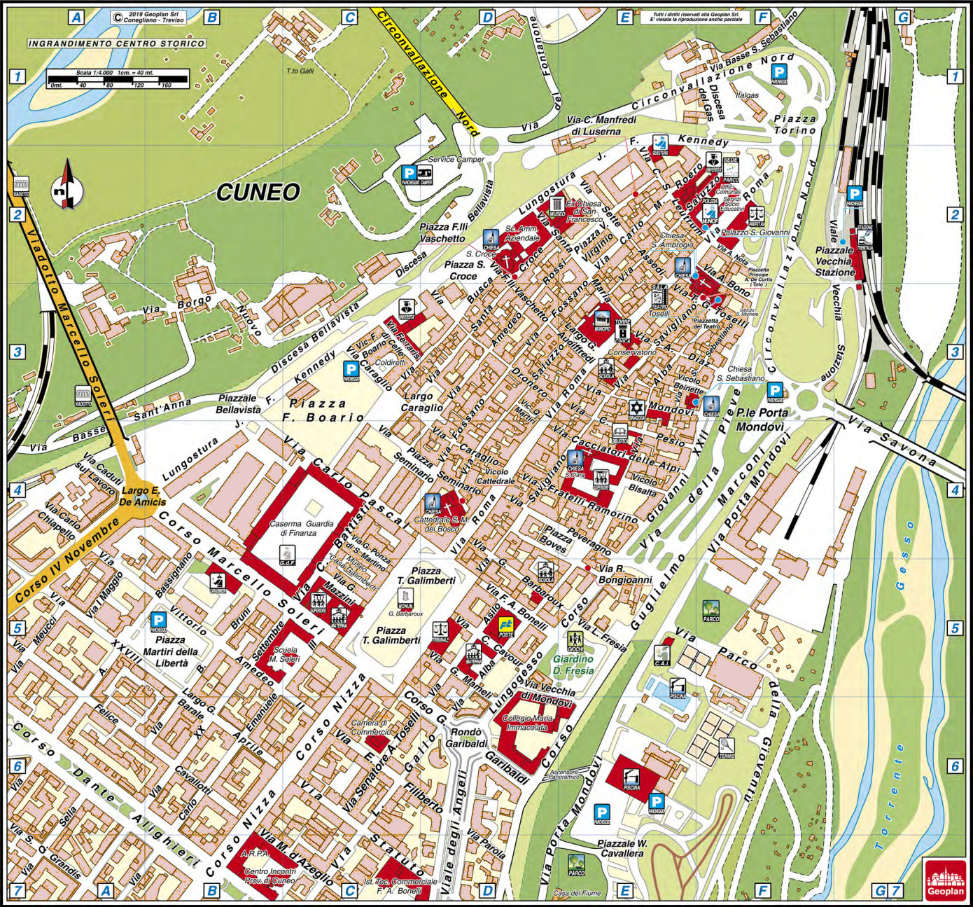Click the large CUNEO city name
pyautogui.click(x=258, y=192)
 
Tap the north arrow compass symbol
pyautogui.click(x=67, y=186)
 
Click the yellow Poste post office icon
pyautogui.click(x=505, y=625)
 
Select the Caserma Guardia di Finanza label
pyautogui.click(x=293, y=528)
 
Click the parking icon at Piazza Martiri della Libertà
pyautogui.click(x=160, y=621)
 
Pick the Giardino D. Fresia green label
pyautogui.click(x=573, y=665)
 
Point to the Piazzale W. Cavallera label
pyautogui.click(x=621, y=849)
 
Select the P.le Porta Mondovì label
pyautogui.click(x=762, y=419)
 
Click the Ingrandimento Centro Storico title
pyautogui.click(x=117, y=43)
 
